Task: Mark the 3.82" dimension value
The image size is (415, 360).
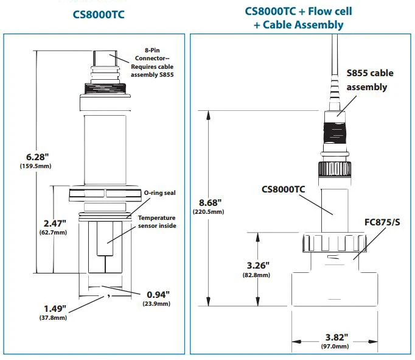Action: (334, 336)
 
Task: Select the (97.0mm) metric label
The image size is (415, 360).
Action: (334, 347)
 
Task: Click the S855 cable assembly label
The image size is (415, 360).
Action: (369, 80)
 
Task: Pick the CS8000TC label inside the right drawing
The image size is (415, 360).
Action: (283, 189)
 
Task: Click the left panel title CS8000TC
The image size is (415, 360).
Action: (98, 15)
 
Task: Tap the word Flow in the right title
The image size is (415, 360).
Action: (325, 11)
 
